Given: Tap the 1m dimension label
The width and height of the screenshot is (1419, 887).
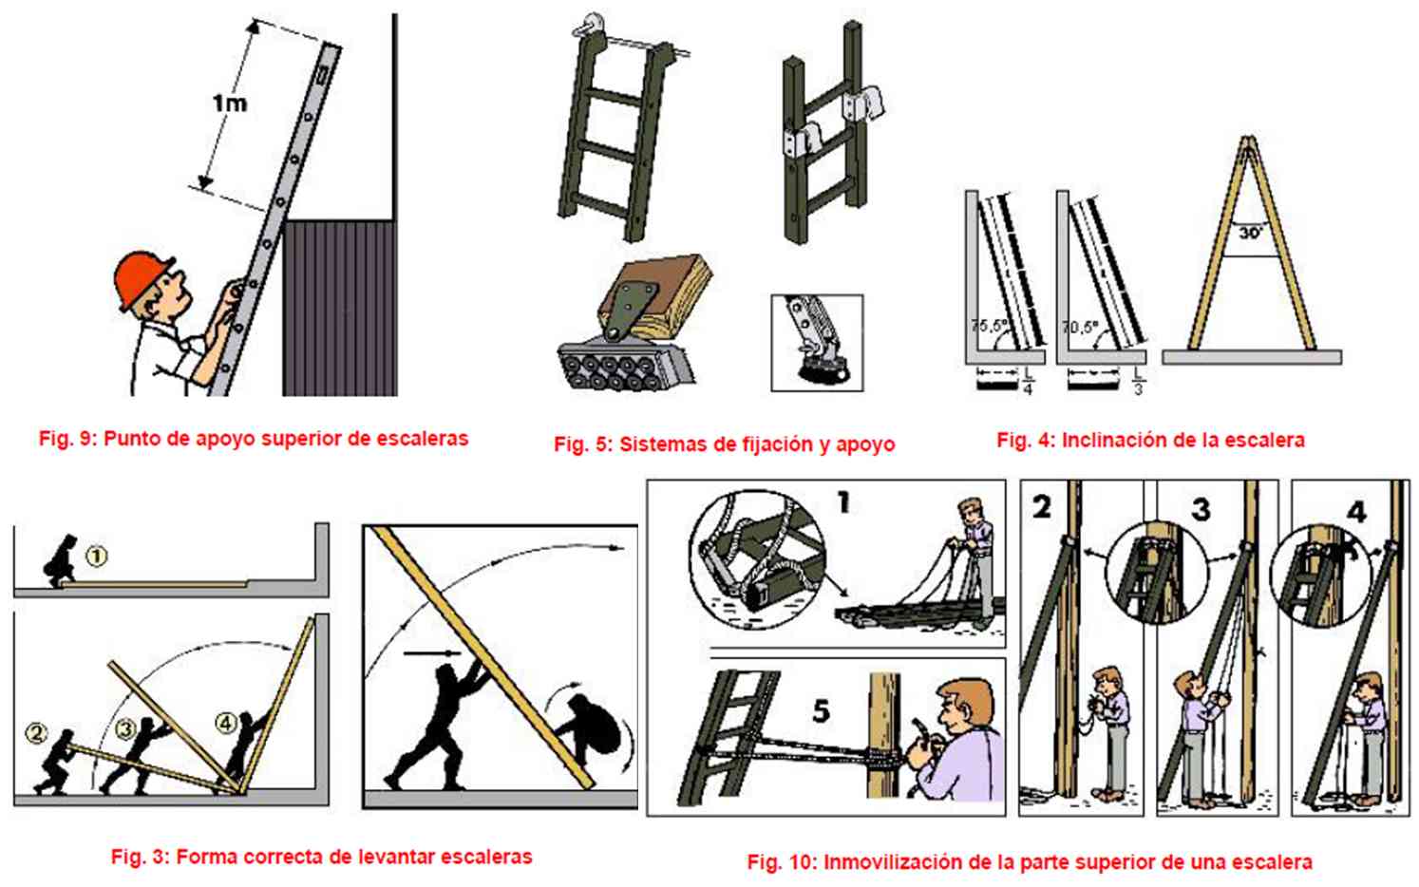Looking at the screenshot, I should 229,103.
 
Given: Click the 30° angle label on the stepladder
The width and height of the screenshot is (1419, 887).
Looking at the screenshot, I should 1249,232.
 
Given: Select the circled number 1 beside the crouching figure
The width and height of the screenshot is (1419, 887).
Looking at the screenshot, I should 97,557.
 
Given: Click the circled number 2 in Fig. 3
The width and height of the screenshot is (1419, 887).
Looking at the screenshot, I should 36,732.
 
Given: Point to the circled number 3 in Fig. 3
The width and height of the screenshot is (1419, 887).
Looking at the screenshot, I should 125,728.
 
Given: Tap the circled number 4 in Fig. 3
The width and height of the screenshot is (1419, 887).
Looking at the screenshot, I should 226,724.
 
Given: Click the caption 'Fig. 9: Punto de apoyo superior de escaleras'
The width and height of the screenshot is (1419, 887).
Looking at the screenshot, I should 253,439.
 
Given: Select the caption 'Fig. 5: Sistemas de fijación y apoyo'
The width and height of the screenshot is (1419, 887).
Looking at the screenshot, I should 724,444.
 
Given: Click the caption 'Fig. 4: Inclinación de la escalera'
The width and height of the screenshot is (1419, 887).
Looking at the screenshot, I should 1150,441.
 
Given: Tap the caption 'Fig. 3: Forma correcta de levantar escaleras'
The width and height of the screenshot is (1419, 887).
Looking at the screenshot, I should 321,857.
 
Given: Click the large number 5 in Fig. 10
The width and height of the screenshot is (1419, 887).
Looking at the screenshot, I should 821,710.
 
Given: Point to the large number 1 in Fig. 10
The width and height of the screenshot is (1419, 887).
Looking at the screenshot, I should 842,502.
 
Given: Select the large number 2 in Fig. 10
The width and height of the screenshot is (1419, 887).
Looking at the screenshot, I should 1042,507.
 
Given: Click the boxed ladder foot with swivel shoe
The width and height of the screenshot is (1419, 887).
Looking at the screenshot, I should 817,342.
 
